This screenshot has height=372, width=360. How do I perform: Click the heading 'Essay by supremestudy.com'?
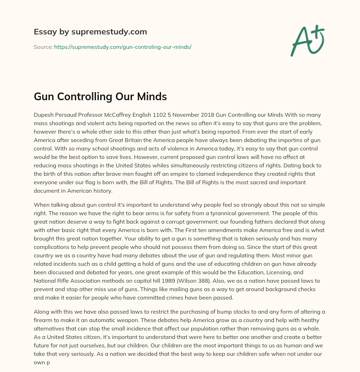pos(90,32)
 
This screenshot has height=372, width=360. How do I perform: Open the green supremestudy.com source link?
pos(123,47)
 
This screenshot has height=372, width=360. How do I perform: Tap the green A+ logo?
pos(307,40)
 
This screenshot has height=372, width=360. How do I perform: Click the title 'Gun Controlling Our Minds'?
pos(100,97)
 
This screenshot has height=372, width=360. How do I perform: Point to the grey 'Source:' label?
pos(43,47)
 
